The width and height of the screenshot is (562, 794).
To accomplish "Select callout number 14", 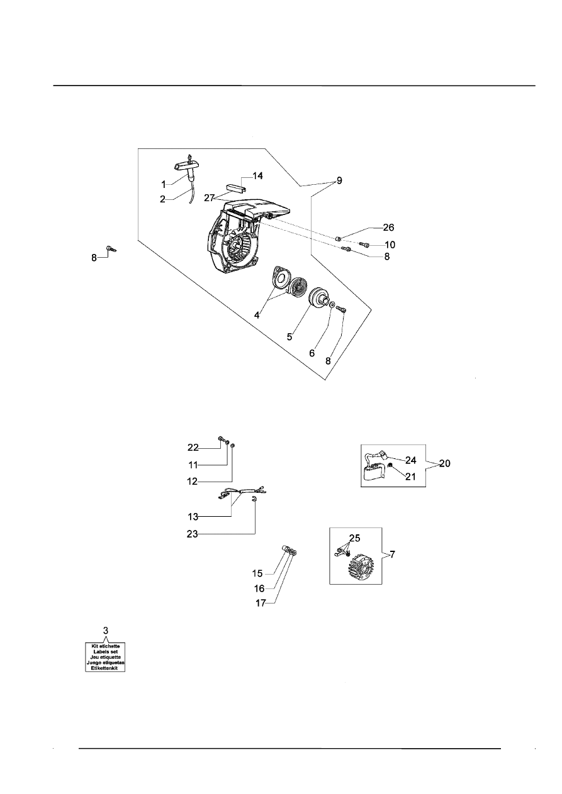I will [258, 177].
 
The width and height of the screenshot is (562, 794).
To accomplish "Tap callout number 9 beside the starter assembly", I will [339, 181].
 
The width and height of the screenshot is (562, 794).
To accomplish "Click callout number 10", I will [390, 244].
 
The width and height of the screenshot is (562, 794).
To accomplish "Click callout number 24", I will [410, 460].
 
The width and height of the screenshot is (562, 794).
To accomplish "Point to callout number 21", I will [410, 477].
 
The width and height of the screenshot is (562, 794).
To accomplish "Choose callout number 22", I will [193, 448].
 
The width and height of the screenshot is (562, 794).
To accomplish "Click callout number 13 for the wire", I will [193, 517].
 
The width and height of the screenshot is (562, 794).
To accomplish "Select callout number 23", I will [193, 534].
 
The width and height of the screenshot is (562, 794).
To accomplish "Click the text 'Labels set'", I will [106, 652].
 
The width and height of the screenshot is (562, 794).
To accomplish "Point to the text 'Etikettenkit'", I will [106, 668].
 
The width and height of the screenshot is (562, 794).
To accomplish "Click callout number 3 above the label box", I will [106, 630].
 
